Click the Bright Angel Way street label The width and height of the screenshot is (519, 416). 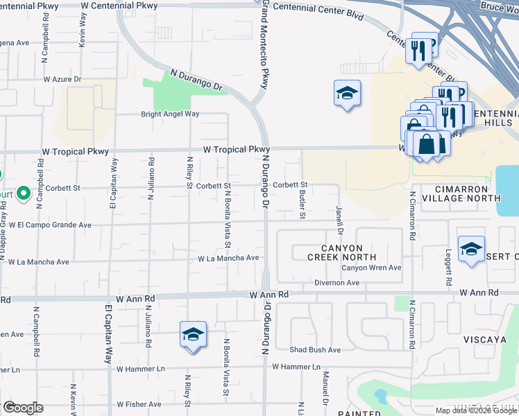(x=170, y=114)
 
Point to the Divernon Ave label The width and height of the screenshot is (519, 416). (x=337, y=283)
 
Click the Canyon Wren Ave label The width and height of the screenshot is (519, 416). (x=371, y=268)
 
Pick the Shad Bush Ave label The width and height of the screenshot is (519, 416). (x=315, y=350)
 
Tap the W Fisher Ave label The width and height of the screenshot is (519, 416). (x=139, y=404)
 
